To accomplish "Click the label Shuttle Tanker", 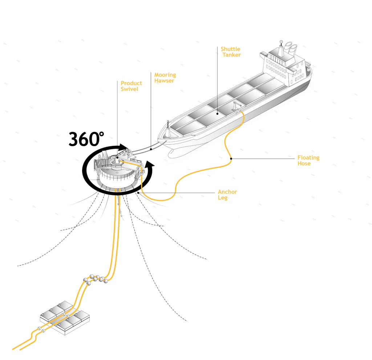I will (x=231, y=52).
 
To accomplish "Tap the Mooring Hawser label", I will (x=165, y=78).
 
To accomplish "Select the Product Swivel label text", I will (x=131, y=86).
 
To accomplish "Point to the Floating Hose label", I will (x=308, y=160).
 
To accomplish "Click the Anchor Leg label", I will (x=227, y=195).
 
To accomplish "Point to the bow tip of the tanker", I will (x=159, y=139).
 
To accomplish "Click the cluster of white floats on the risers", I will (x=96, y=279).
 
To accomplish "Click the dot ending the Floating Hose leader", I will (x=231, y=159).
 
